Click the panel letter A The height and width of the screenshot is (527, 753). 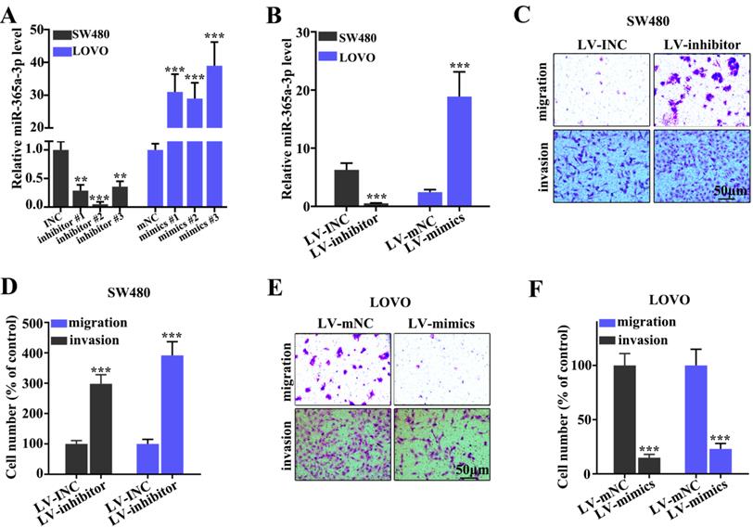(x=11, y=11)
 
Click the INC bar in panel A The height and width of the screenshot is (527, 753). (x=60, y=176)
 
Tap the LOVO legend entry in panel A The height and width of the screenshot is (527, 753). (x=90, y=50)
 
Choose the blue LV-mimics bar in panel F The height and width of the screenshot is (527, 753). (x=721, y=461)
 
